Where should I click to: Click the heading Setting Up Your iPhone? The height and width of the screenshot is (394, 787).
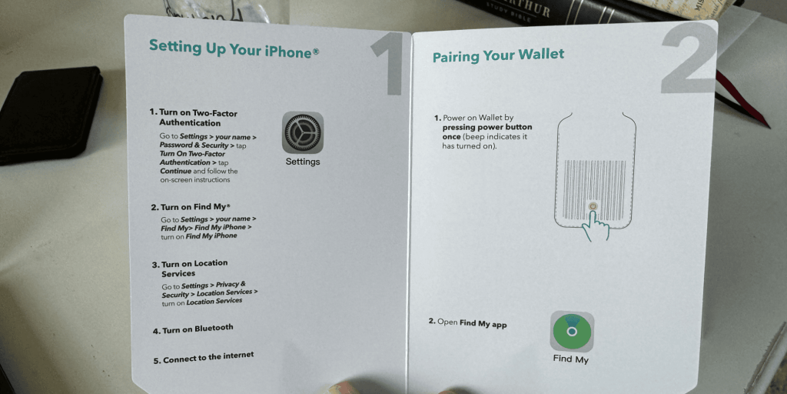pyautogui.click(x=234, y=48)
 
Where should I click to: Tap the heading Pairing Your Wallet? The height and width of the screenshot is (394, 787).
pyautogui.click(x=498, y=55)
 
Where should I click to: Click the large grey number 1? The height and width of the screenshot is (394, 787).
pyautogui.click(x=389, y=64)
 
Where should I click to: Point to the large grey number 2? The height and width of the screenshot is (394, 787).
pyautogui.click(x=689, y=58)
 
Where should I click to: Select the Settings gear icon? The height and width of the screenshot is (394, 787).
pyautogui.click(x=303, y=132)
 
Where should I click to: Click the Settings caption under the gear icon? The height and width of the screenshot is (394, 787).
pyautogui.click(x=303, y=162)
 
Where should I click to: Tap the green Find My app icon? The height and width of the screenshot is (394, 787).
pyautogui.click(x=572, y=331)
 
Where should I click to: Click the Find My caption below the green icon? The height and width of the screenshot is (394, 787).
pyautogui.click(x=571, y=359)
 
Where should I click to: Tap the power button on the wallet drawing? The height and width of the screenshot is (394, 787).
pyautogui.click(x=593, y=206)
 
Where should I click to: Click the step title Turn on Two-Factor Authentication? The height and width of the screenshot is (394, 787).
pyautogui.click(x=194, y=118)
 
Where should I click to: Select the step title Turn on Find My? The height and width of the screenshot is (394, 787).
pyautogui.click(x=191, y=206)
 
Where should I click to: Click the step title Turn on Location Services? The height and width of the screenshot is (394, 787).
pyautogui.click(x=191, y=269)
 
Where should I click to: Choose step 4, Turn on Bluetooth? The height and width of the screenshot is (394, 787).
pyautogui.click(x=193, y=329)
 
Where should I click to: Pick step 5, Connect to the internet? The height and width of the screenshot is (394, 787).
pyautogui.click(x=204, y=357)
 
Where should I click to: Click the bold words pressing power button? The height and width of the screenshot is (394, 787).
pyautogui.click(x=486, y=127)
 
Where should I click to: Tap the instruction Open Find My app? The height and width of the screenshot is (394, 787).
pyautogui.click(x=468, y=323)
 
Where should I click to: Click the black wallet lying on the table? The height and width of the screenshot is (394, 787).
pyautogui.click(x=49, y=115)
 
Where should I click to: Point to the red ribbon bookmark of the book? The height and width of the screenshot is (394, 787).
pyautogui.click(x=743, y=99)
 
